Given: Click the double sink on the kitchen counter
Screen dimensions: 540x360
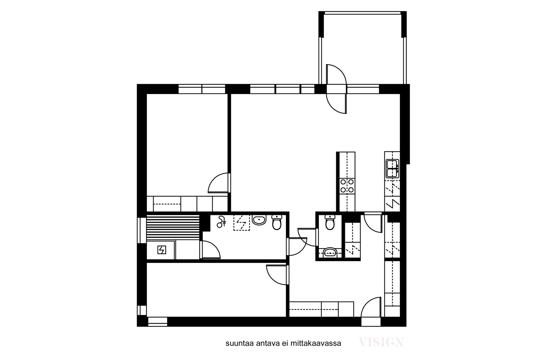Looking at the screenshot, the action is pyautogui.click(x=392, y=168).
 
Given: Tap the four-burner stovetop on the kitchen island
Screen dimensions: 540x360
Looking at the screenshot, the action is pyautogui.click(x=347, y=186).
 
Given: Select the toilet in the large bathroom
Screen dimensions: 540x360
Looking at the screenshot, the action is pyautogui.click(x=277, y=222).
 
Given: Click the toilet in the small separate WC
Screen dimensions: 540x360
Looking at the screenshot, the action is pyautogui.click(x=330, y=222).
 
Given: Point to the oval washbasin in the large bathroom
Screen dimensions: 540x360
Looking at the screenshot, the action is pyautogui.click(x=259, y=220).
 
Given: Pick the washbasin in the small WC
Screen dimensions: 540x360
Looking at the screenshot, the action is pyautogui.click(x=330, y=252).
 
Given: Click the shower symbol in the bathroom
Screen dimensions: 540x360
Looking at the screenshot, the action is pyautogui.click(x=221, y=222).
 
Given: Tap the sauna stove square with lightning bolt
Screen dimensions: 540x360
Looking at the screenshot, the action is pyautogui.click(x=162, y=250).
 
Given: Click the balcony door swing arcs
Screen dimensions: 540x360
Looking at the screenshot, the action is pyautogui.click(x=336, y=89).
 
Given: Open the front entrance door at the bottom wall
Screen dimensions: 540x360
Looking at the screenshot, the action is pyautogui.click(x=371, y=307).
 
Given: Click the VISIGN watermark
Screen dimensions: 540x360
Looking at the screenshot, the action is pyautogui.click(x=381, y=342).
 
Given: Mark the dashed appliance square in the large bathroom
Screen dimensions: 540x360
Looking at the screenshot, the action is pyautogui.click(x=242, y=222).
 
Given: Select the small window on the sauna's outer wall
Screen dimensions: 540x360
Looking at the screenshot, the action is pyautogui.click(x=142, y=230).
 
